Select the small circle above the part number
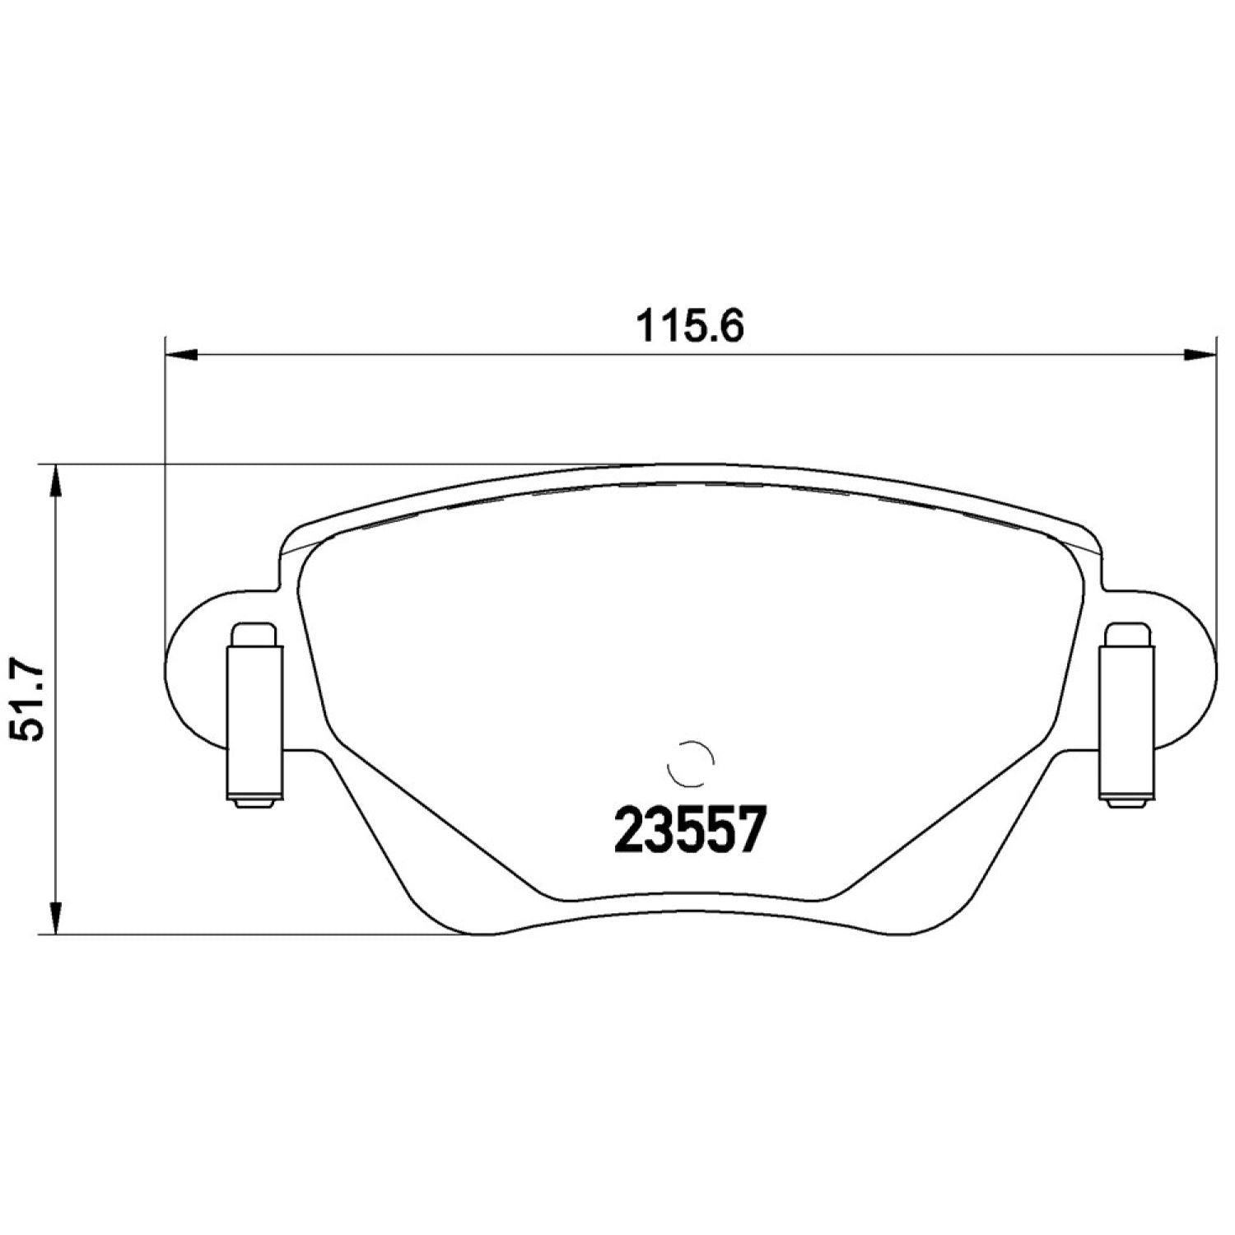690,762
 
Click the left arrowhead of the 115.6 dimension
182,355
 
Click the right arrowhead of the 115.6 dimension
1200,355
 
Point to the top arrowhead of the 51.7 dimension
55,481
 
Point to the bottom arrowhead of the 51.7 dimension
55,917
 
